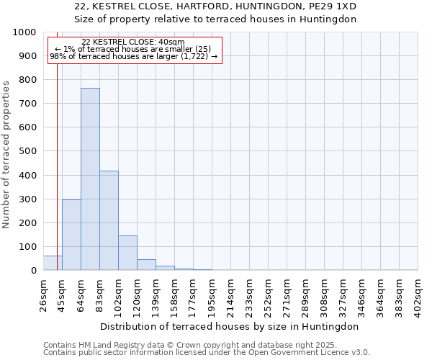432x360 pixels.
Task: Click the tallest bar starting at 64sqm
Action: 90,179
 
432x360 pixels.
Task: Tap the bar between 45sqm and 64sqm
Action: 71,235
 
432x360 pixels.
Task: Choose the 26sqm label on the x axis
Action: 44,293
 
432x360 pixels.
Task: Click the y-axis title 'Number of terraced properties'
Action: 6,154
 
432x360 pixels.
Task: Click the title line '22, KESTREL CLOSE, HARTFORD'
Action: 215,6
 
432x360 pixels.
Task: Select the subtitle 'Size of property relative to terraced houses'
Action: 215,19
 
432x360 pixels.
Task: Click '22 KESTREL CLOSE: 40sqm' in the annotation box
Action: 133,42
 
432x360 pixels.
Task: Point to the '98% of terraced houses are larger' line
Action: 133,56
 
